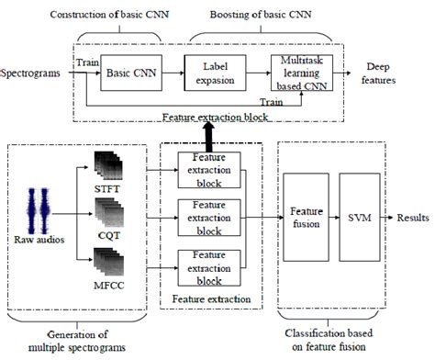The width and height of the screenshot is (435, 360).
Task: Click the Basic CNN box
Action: pyautogui.click(x=129, y=71)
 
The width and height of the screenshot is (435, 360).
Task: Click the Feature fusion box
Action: pyautogui.click(x=306, y=218)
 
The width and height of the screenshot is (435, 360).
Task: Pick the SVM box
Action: pyautogui.click(x=359, y=218)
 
